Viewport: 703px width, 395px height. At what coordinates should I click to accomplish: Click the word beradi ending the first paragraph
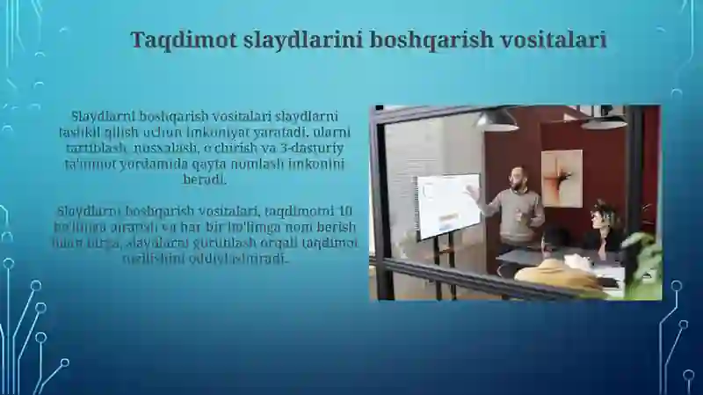tap(205, 179)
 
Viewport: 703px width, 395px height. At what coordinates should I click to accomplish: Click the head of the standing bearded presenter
tap(518, 176)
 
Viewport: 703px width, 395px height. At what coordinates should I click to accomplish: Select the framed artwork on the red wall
tap(562, 178)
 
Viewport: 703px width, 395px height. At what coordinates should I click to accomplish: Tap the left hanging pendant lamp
tap(498, 121)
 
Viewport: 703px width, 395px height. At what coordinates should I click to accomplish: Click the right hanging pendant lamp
tap(604, 121)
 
